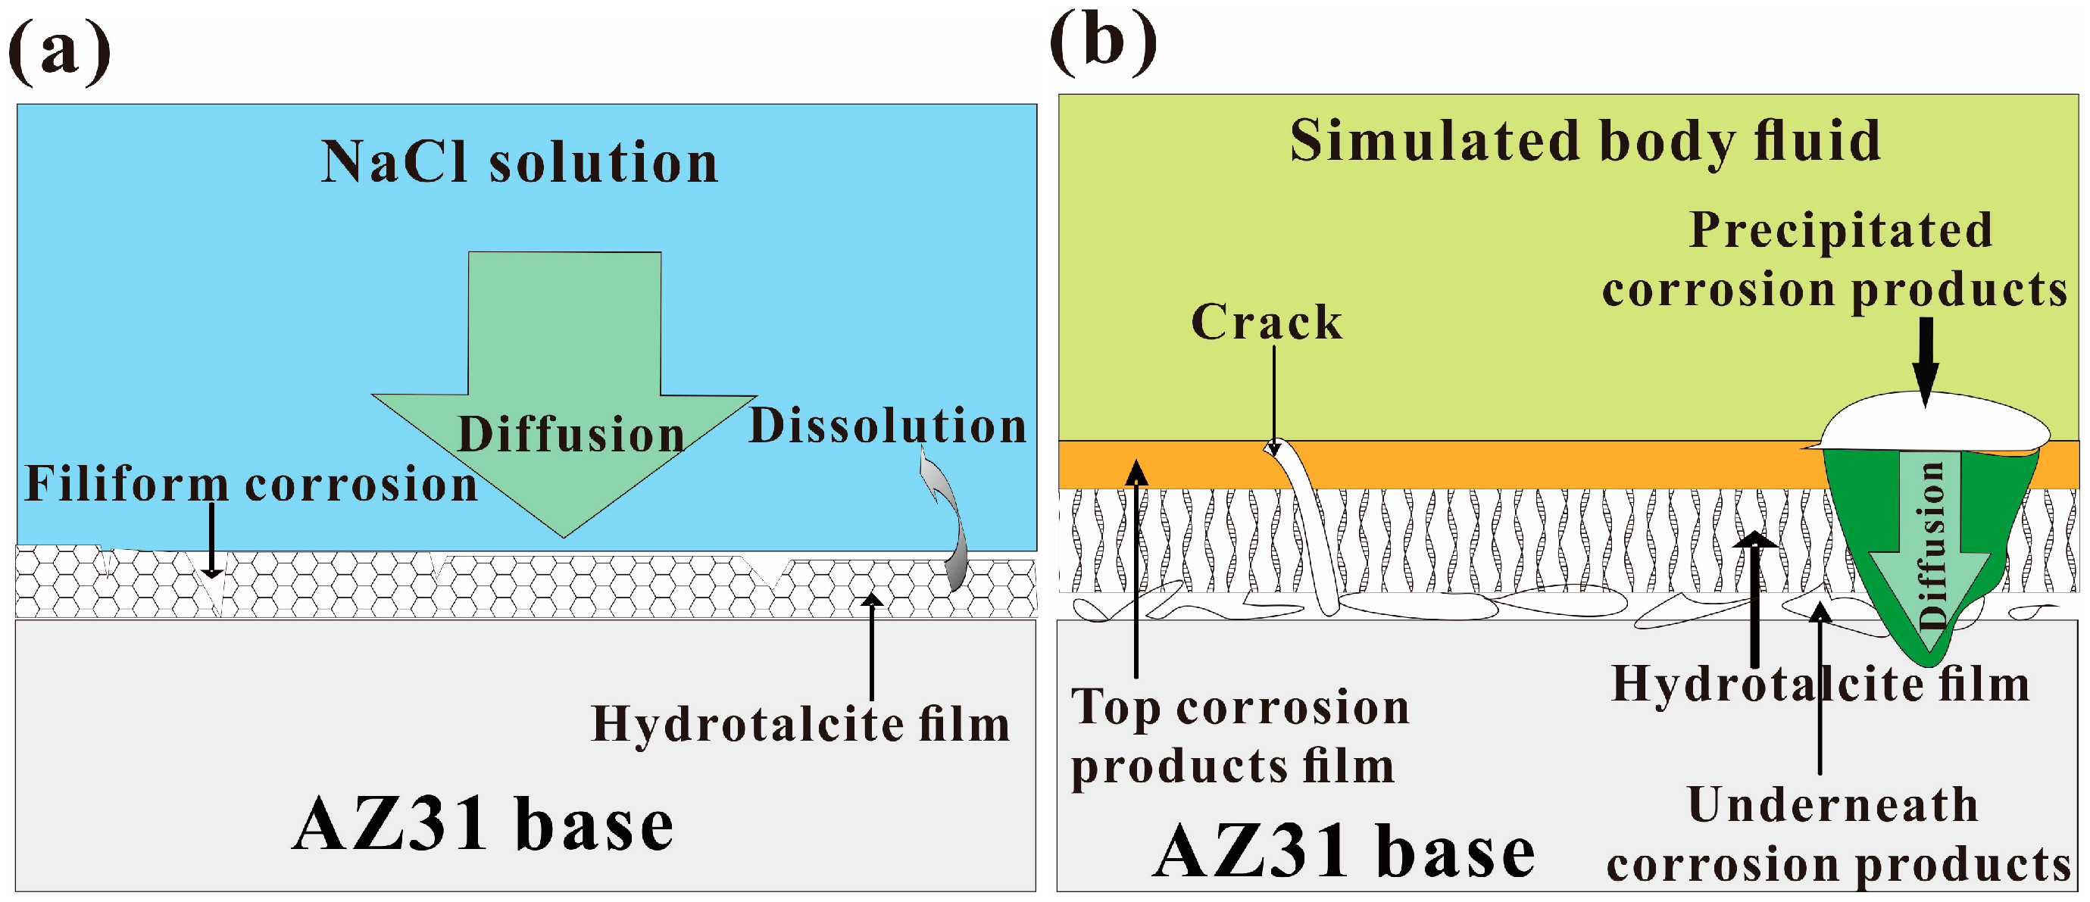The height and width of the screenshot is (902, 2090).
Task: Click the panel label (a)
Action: pyautogui.click(x=58, y=53)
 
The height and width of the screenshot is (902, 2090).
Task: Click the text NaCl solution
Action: pyautogui.click(x=519, y=162)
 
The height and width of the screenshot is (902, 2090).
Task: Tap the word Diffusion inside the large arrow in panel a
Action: pyautogui.click(x=570, y=434)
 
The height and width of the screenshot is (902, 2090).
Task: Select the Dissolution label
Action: pyautogui.click(x=887, y=426)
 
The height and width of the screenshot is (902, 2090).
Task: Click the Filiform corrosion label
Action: pyautogui.click(x=251, y=484)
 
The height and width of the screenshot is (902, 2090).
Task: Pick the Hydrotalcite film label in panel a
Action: pyautogui.click(x=800, y=723)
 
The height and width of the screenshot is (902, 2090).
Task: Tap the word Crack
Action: pyautogui.click(x=1266, y=322)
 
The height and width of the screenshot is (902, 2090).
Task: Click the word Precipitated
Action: pyautogui.click(x=1840, y=230)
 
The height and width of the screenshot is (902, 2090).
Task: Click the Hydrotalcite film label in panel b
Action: pyautogui.click(x=1820, y=684)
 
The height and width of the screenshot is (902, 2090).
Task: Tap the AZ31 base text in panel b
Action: pyautogui.click(x=1344, y=852)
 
